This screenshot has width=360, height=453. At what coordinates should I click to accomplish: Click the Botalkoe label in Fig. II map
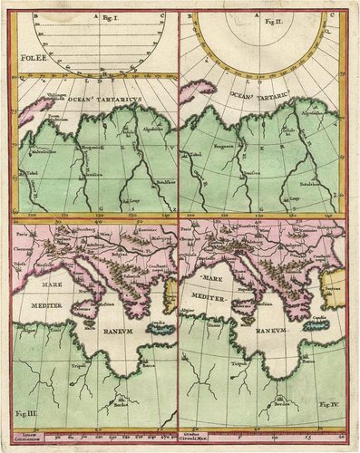click(316, 183)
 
